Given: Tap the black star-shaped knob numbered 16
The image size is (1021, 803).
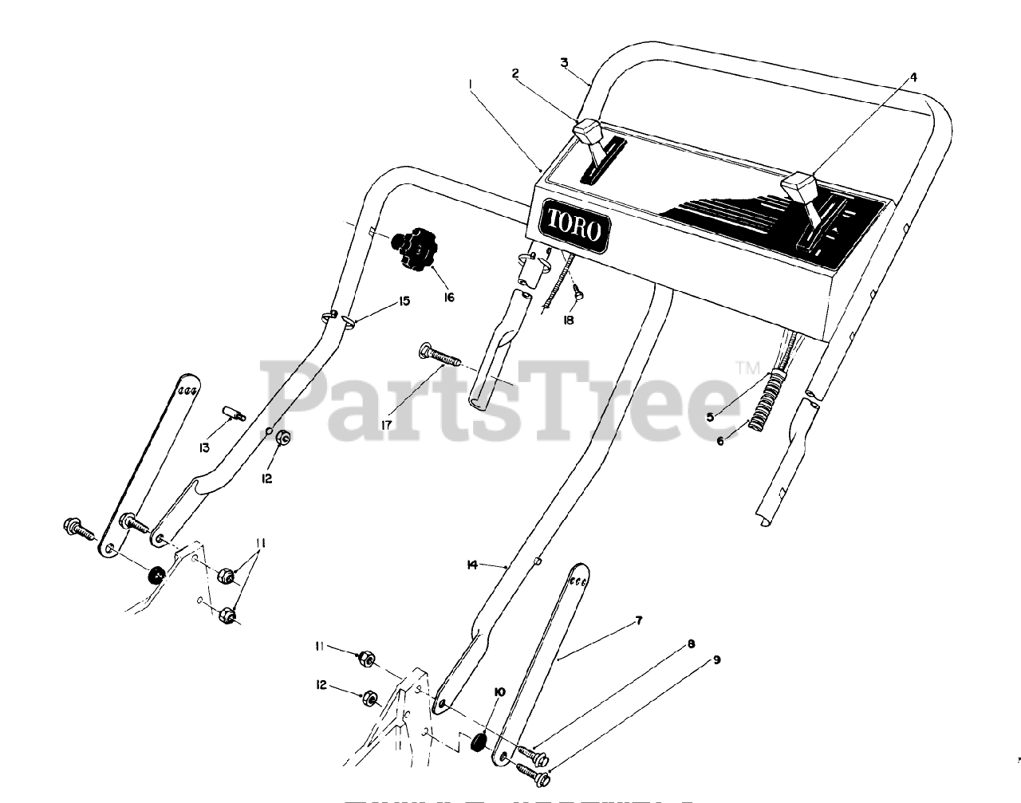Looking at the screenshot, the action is pos(414,250).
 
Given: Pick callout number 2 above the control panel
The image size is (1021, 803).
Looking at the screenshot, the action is pos(515,73).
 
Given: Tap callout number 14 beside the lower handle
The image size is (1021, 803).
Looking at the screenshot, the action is pos(472,565).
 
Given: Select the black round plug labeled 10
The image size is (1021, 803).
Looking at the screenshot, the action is pos(477,742).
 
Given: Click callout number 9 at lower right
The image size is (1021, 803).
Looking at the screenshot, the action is pos(715,659).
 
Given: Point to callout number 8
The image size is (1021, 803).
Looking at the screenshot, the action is pos(691,643).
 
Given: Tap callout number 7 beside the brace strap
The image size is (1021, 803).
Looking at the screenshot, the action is pos(637,619).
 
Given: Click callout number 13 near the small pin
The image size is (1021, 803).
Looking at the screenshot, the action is pos(204,448).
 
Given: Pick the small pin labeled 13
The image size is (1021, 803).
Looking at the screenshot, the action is pos(234,414).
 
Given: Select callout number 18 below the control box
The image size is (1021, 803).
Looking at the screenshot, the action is pos(568,320).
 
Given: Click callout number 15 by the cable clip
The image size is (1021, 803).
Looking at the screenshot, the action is pos(404,301).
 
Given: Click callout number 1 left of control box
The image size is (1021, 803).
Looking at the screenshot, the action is pos(471,83).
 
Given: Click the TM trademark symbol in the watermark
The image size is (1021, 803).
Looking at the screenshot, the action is pos(747,368).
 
